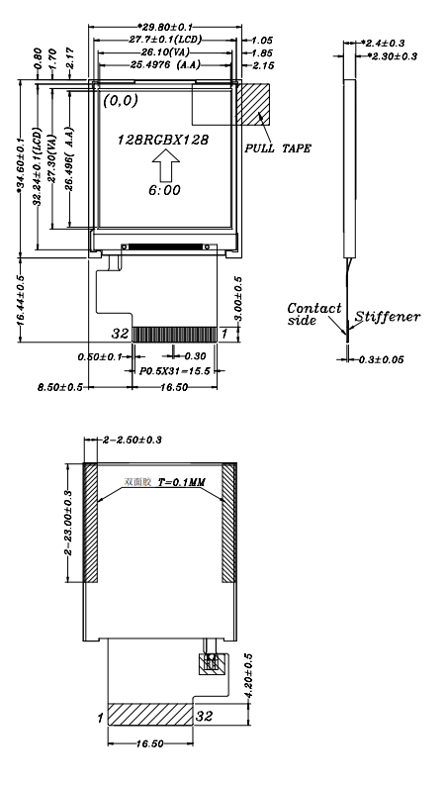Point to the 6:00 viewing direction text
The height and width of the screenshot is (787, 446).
click(x=165, y=189)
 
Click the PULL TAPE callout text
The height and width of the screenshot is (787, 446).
click(x=278, y=148)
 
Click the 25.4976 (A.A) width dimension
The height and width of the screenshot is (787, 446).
click(x=168, y=64)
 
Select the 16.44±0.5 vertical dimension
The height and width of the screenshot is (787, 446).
click(x=22, y=297)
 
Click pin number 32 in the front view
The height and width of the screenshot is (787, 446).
click(x=121, y=333)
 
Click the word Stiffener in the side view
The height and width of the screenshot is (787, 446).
click(x=388, y=317)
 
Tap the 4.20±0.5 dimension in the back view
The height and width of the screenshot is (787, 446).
click(x=248, y=676)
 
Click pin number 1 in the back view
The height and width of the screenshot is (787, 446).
click(x=101, y=714)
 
